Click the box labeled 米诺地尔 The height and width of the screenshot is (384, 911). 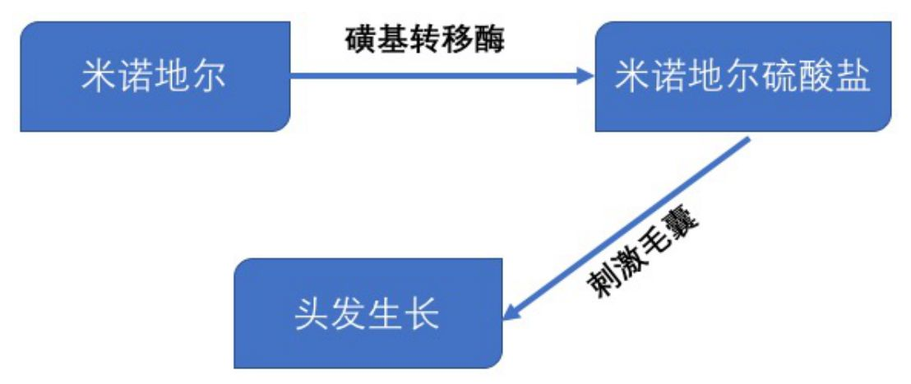pyautogui.click(x=155, y=76)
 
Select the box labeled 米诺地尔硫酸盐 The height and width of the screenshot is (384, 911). pyautogui.click(x=742, y=76)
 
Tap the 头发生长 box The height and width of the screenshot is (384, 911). pyautogui.click(x=368, y=313)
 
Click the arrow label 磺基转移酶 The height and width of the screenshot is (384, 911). pyautogui.click(x=424, y=39)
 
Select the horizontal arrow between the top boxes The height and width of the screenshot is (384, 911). pyautogui.click(x=436, y=76)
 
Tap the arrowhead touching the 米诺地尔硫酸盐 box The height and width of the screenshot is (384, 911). pyautogui.click(x=585, y=76)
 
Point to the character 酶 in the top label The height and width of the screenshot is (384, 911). pyautogui.click(x=490, y=39)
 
